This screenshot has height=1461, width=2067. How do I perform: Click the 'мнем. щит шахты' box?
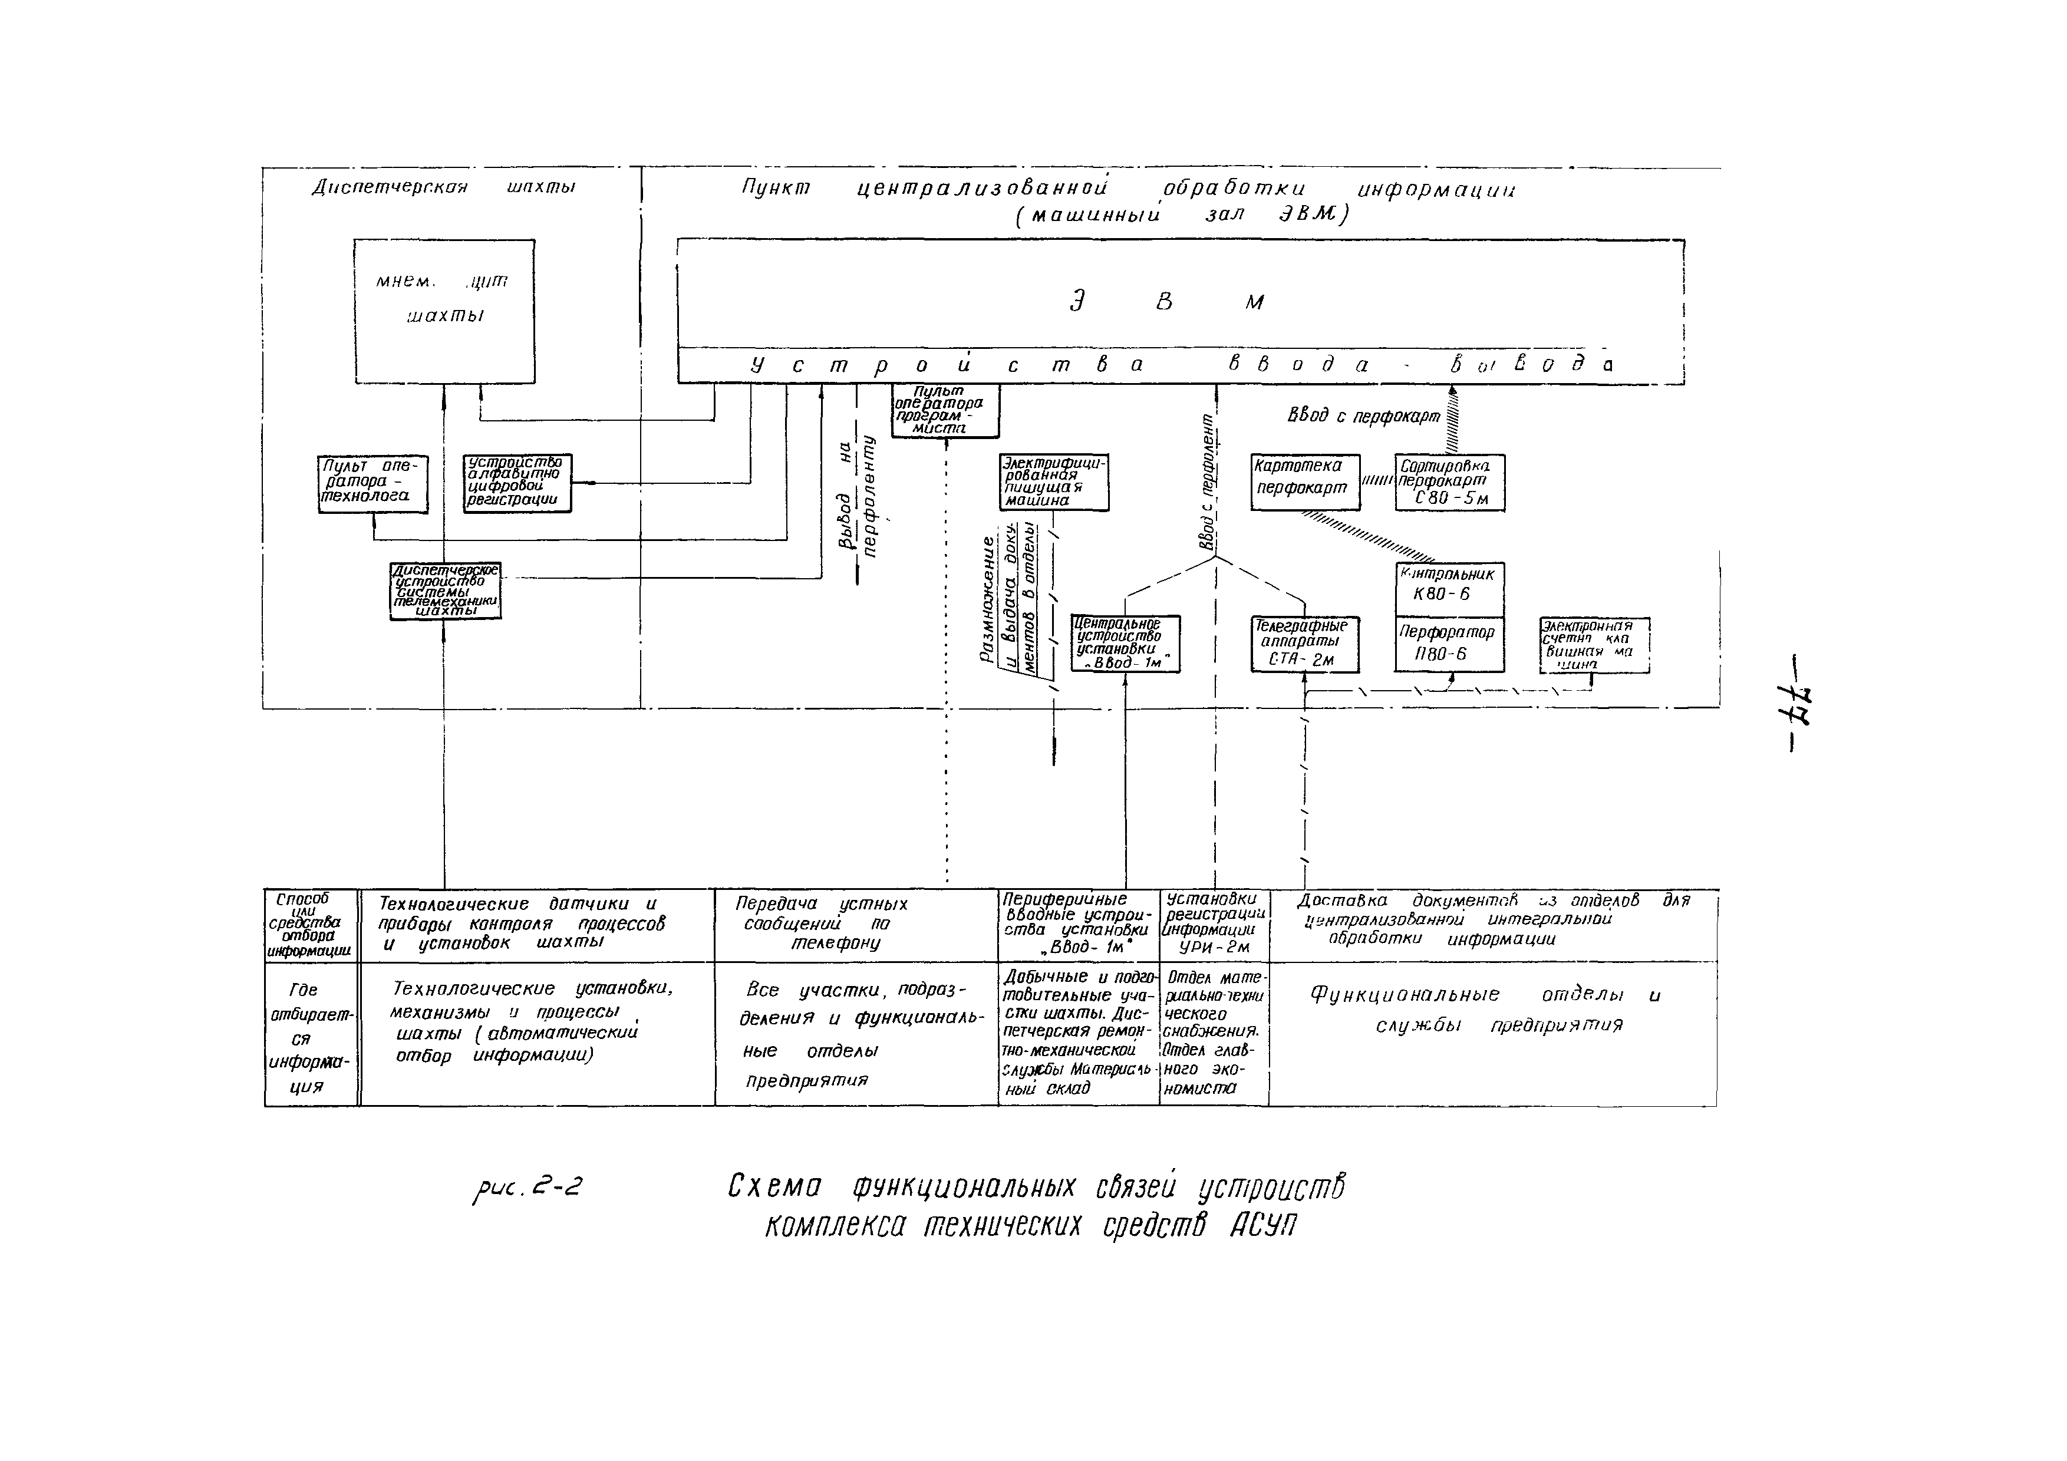(x=444, y=311)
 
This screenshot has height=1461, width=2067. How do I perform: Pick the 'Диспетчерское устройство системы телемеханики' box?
(x=446, y=591)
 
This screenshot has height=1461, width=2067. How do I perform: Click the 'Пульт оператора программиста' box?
(x=945, y=411)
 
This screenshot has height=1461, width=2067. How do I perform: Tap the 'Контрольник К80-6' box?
(x=1449, y=589)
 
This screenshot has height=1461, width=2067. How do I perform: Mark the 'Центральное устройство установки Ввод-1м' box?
(x=1125, y=644)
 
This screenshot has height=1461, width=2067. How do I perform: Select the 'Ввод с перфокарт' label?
(x=1364, y=417)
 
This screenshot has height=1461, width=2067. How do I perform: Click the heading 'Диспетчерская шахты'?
(x=443, y=187)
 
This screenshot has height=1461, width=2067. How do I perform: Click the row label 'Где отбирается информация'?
(x=311, y=1035)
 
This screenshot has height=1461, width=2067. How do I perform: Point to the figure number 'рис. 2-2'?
(x=528, y=1190)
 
